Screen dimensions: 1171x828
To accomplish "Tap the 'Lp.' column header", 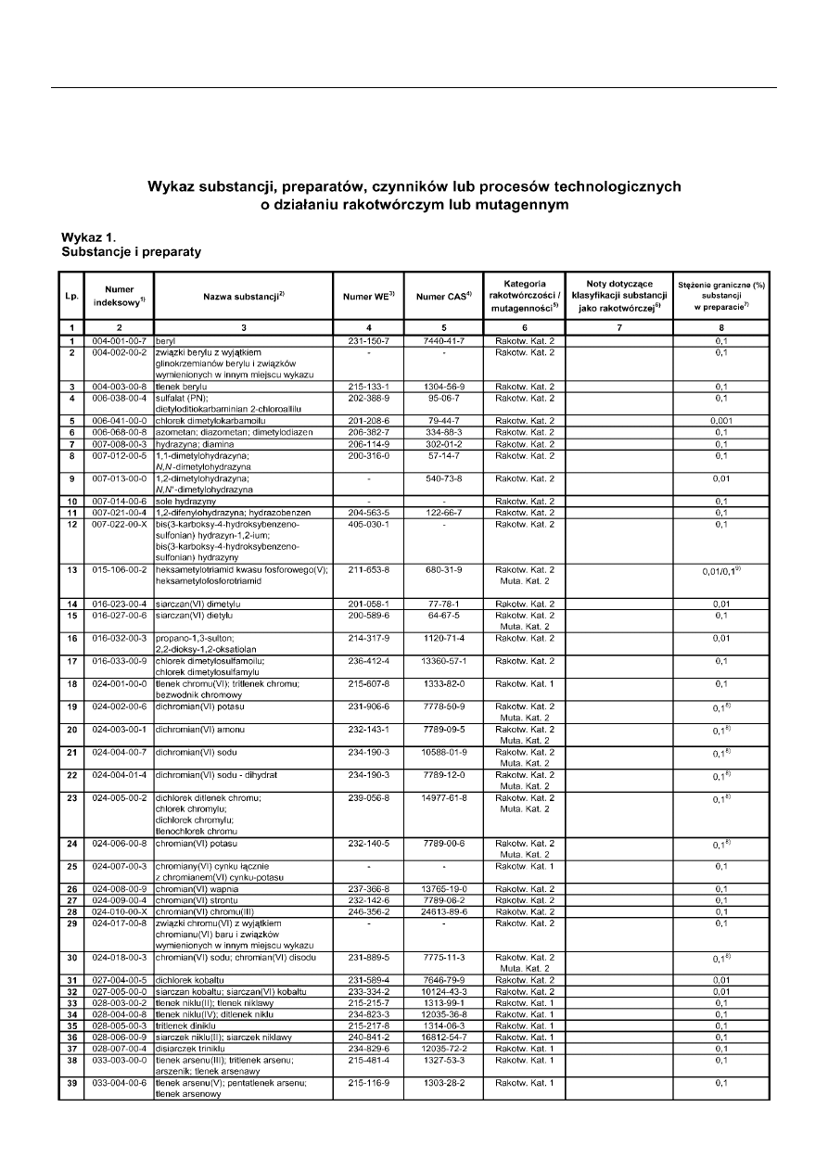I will (70, 295).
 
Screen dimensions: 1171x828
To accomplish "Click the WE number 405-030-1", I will (370, 523).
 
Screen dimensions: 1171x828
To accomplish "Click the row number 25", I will (70, 866).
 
